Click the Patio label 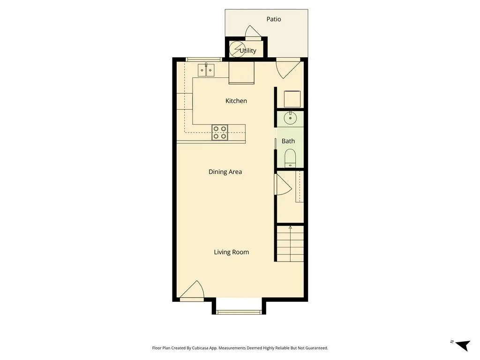point(273,19)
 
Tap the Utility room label point(247,51)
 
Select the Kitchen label point(236,101)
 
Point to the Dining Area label point(225,172)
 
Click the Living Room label point(231,252)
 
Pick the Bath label point(288,141)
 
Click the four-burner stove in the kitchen point(220,133)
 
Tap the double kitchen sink point(206,70)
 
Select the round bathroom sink point(290,118)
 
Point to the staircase point(290,244)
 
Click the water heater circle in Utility point(236,49)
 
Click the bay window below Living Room point(239,312)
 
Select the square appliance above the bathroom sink point(292,98)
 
